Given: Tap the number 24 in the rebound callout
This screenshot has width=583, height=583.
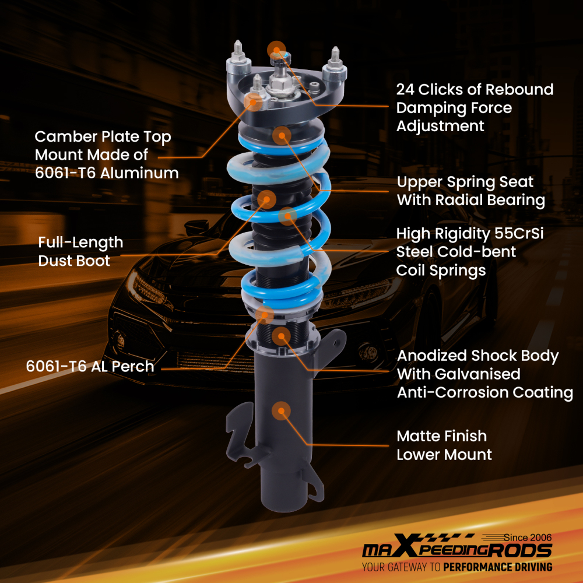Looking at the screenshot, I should pos(406,90).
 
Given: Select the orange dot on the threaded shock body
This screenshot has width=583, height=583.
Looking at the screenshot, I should pos(281,335).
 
